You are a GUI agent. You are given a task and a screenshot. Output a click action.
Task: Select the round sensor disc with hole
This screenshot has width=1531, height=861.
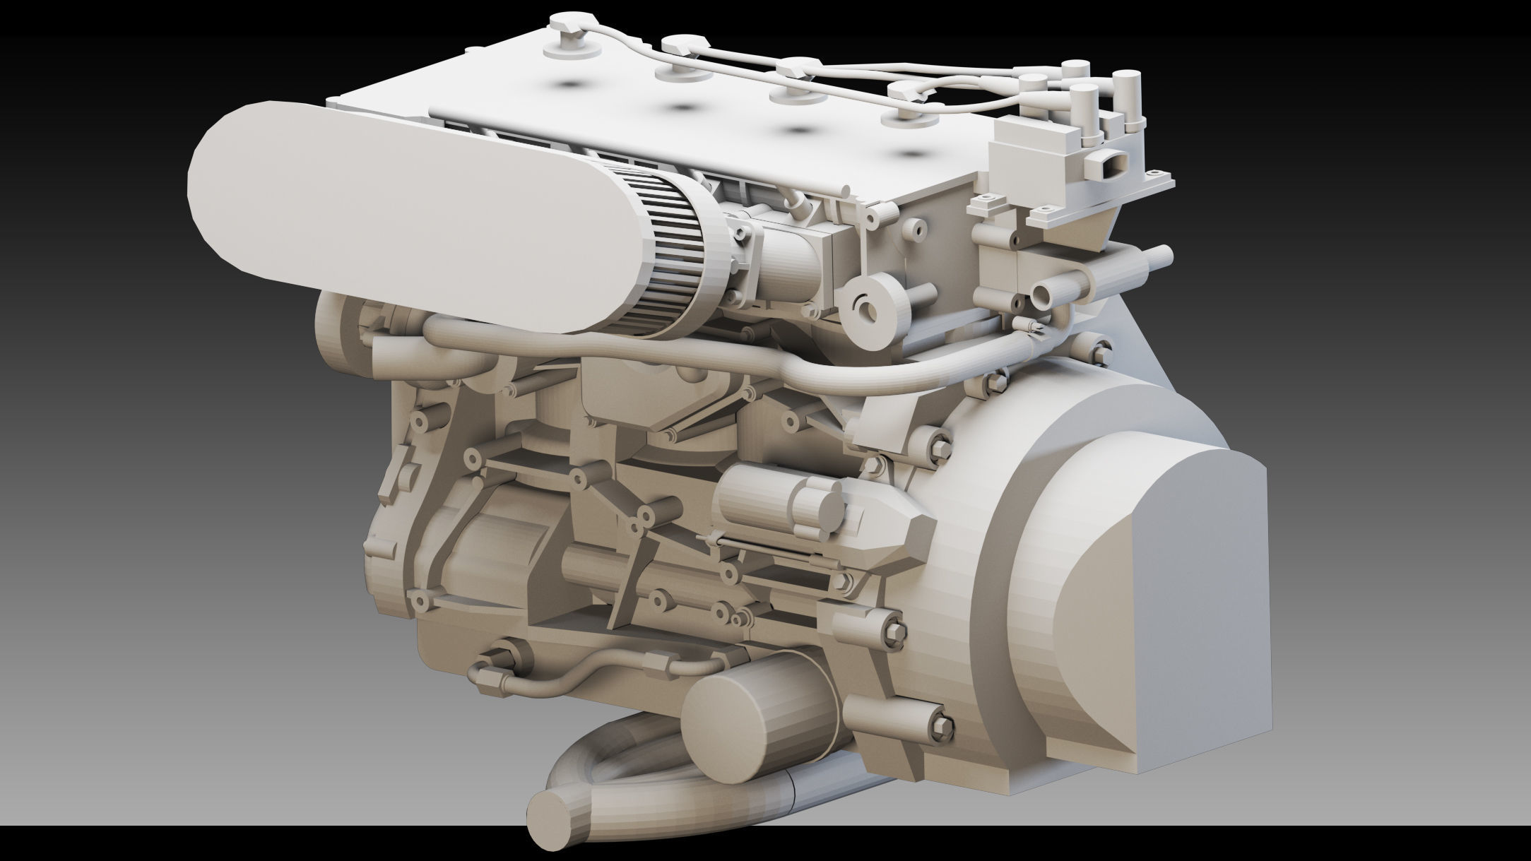pos(873,308)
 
